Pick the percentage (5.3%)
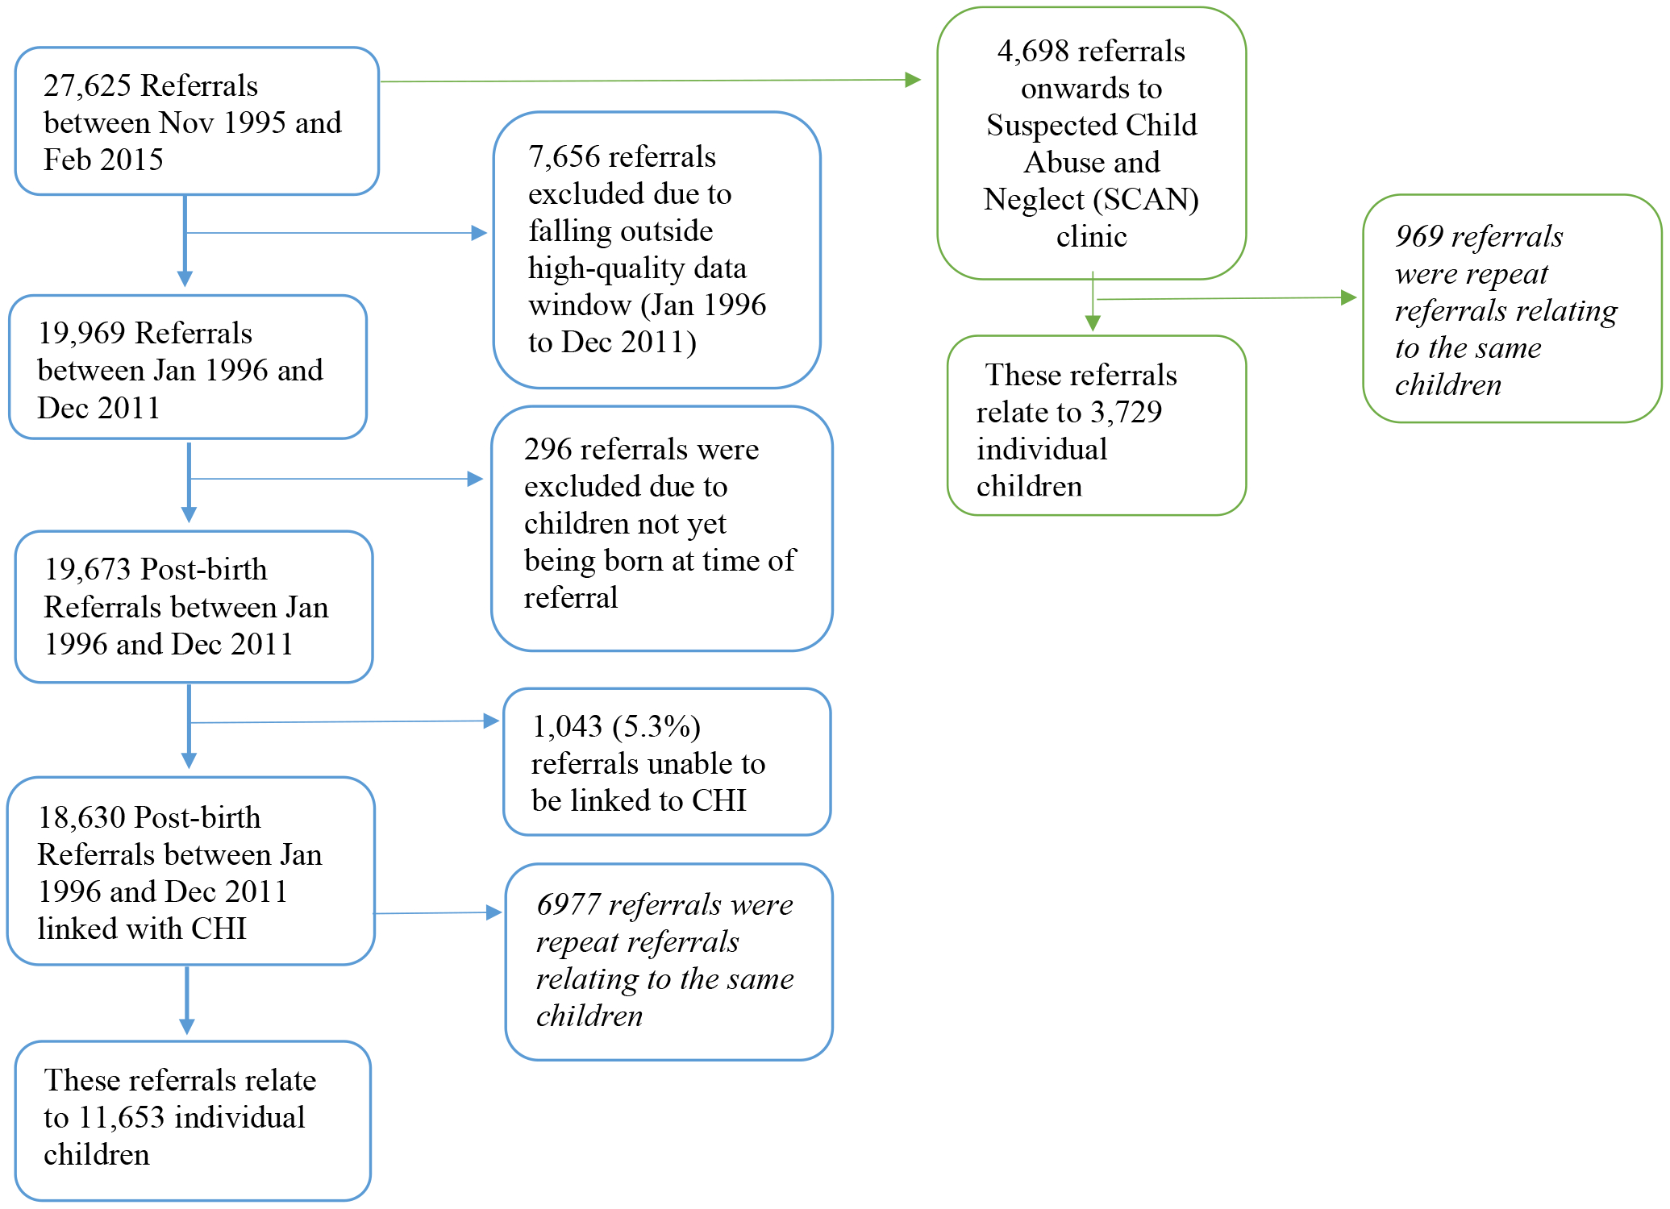pyautogui.click(x=656, y=726)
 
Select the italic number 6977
pyautogui.click(x=568, y=904)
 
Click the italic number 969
pyautogui.click(x=1419, y=236)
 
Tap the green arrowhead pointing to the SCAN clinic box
pyautogui.click(x=913, y=80)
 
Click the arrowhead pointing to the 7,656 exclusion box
pyautogui.click(x=479, y=233)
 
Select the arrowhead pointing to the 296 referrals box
pyautogui.click(x=475, y=479)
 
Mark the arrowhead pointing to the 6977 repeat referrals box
pyautogui.click(x=494, y=912)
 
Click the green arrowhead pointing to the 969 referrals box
pyautogui.click(x=1349, y=297)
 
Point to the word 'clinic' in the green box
pyautogui.click(x=1092, y=236)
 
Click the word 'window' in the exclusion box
pyautogui.click(x=580, y=305)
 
